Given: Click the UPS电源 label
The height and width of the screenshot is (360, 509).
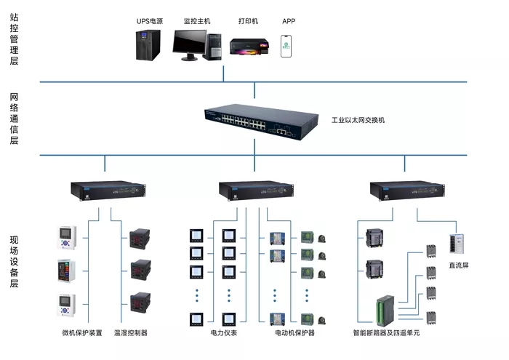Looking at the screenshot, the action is click(x=150, y=21).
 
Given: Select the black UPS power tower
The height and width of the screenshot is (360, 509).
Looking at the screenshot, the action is click(x=148, y=45).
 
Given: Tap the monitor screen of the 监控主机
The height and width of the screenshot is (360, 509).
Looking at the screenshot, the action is click(x=190, y=42).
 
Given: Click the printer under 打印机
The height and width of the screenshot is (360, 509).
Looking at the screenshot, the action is click(x=249, y=47).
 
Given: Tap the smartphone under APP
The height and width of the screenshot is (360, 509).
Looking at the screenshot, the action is click(x=286, y=47).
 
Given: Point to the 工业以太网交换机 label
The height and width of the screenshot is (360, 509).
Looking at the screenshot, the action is click(x=358, y=120).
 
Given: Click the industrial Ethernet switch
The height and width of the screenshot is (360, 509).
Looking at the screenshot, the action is click(x=261, y=121).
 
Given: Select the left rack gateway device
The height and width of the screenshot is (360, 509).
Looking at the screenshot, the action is click(x=108, y=191).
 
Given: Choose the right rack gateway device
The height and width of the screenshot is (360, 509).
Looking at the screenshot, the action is click(x=407, y=191).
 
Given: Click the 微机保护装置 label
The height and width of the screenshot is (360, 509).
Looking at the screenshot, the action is click(x=82, y=333).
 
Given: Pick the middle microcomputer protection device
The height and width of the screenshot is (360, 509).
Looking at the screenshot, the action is click(x=67, y=271).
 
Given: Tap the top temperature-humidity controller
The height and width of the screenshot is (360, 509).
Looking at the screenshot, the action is click(x=140, y=239).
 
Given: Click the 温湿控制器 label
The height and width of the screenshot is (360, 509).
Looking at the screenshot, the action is click(x=130, y=333).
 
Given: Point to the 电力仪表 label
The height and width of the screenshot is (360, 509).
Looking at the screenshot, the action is click(x=224, y=333).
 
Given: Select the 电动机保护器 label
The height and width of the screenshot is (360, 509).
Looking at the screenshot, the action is click(x=294, y=333).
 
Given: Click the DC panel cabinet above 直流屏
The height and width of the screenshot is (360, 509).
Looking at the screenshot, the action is click(x=457, y=244).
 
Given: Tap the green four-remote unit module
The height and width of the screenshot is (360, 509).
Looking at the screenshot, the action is click(x=385, y=311).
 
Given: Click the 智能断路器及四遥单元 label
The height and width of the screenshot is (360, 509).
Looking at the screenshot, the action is click(x=386, y=333).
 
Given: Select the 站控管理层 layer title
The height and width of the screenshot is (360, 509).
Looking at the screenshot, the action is click(x=14, y=39).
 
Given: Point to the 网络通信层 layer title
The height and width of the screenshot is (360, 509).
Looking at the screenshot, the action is click(x=14, y=119).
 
